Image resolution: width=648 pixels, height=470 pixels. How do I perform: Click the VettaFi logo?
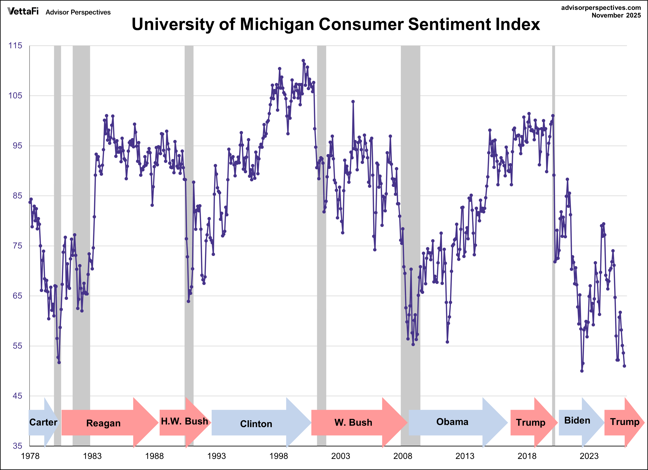point(23,11)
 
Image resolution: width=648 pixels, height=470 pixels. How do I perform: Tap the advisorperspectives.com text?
point(601,8)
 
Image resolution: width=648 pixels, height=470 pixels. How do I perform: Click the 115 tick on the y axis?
point(15,46)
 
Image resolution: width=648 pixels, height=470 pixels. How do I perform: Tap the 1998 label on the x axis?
point(279,456)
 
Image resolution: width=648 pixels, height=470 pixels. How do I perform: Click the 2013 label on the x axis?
point(465,456)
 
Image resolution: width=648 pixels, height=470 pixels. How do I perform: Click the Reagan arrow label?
point(103,423)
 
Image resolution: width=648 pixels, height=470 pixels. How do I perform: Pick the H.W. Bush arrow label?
point(184,422)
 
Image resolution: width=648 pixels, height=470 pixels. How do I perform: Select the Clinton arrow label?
point(256,424)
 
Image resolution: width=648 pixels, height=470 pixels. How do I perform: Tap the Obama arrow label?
point(452,422)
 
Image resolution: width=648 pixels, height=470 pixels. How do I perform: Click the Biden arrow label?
point(577,420)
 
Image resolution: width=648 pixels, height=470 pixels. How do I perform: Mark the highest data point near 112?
point(303,61)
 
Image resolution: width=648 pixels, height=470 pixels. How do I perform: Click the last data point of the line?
point(624,366)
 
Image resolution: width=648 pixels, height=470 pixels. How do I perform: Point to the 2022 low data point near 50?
point(582,371)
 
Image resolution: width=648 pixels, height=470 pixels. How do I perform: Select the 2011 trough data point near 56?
point(447,342)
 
